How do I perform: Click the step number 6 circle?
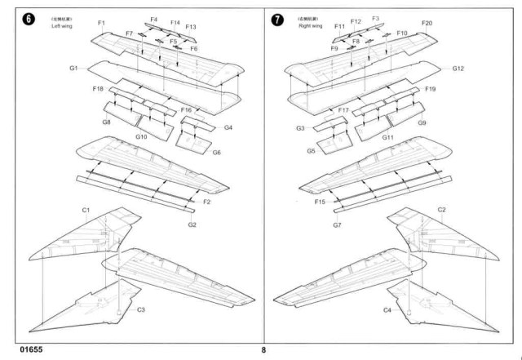point(30,20)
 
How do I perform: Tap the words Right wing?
point(311,26)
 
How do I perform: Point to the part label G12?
point(458,68)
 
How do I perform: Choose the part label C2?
point(441,210)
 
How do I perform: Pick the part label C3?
point(140,309)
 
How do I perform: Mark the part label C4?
point(387,310)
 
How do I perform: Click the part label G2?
point(192,224)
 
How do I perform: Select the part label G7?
point(336,224)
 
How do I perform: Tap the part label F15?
point(319,201)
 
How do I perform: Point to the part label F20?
point(427,23)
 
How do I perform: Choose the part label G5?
point(312,151)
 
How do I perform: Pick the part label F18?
point(98,88)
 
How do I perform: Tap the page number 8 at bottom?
point(263,350)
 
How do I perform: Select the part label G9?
point(422,122)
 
